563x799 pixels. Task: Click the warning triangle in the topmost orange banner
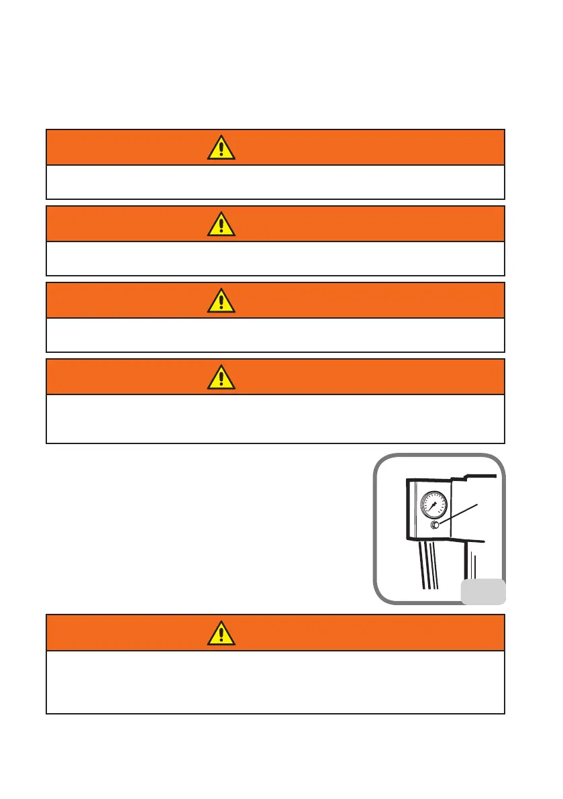(221, 148)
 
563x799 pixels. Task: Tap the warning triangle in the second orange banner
(221, 224)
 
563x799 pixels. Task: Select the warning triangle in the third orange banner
(221, 301)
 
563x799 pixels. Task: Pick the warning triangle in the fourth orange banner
(221, 377)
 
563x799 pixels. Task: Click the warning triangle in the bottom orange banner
(221, 633)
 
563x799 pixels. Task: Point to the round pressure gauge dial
(433, 505)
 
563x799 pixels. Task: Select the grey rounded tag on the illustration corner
(482, 590)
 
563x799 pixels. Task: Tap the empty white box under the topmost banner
(275, 182)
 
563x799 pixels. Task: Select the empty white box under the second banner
(275, 258)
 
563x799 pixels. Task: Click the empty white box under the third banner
(275, 335)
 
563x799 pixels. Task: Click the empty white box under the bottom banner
(275, 682)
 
